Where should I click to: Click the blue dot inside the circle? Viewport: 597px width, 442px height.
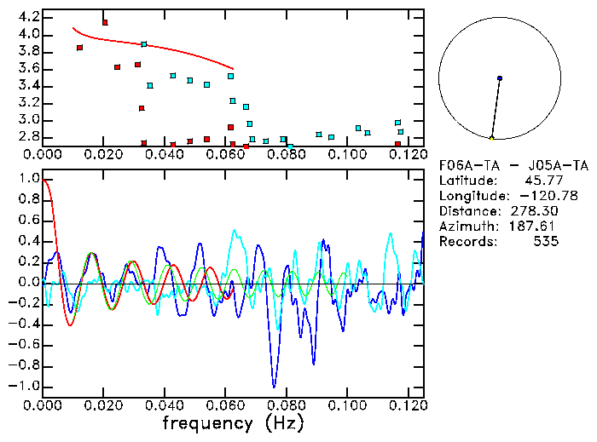[x=500, y=78]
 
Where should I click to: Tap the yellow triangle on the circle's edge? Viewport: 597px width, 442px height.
[x=492, y=138]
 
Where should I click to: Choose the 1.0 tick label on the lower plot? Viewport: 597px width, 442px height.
[x=29, y=180]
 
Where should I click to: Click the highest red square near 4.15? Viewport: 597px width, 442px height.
[x=105, y=22]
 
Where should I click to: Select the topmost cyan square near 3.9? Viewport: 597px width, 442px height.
[x=144, y=43]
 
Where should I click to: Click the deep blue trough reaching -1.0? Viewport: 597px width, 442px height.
[x=274, y=385]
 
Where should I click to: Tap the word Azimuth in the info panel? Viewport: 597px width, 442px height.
[x=466, y=227]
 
